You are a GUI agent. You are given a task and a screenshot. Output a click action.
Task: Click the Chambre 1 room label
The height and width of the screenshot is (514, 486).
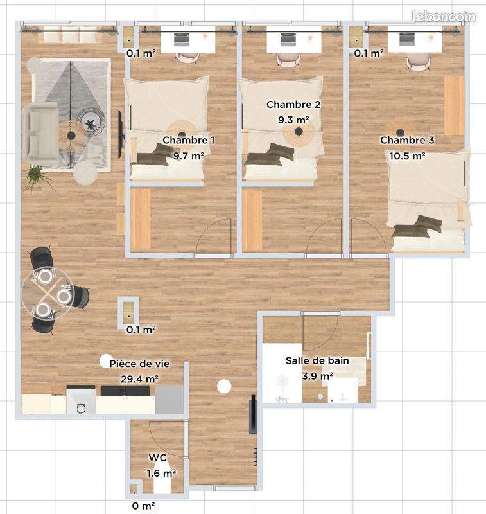pyautogui.click(x=189, y=140)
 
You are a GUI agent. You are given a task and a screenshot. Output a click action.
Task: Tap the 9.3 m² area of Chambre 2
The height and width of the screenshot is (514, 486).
pyautogui.click(x=294, y=120)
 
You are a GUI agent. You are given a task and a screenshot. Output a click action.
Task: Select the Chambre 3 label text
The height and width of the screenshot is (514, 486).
pyautogui.click(x=407, y=140)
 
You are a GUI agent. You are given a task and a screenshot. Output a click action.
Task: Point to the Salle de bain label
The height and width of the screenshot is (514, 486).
pyautogui.click(x=317, y=361)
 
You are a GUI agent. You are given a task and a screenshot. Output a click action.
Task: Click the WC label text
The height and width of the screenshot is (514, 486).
pyautogui.click(x=157, y=457)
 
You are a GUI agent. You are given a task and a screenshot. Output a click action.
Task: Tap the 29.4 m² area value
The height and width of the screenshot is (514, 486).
pyautogui.click(x=140, y=379)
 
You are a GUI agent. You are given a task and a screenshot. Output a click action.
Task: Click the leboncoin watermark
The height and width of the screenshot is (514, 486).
pyautogui.click(x=444, y=17)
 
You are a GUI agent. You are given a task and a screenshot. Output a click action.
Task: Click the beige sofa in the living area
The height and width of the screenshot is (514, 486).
pyautogui.click(x=40, y=133)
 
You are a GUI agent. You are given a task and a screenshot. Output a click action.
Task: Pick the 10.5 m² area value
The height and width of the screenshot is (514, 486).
pyautogui.click(x=407, y=156)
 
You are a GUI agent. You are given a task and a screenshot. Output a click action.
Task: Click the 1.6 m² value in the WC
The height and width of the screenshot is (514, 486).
pyautogui.click(x=161, y=474)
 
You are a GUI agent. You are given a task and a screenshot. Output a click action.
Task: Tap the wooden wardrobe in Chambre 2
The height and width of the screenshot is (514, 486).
pyautogui.click(x=252, y=220)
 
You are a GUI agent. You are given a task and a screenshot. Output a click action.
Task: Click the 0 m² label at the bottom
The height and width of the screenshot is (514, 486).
pyautogui.click(x=143, y=506)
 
